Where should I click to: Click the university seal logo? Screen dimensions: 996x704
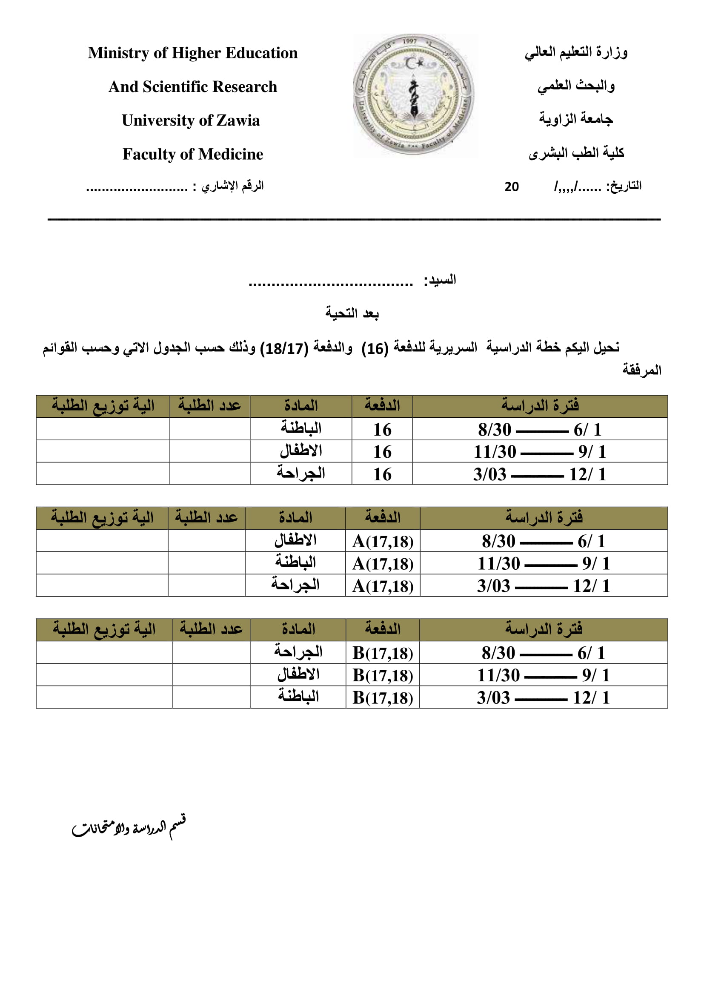(x=414, y=95)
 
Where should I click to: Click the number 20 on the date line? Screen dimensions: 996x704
(x=512, y=187)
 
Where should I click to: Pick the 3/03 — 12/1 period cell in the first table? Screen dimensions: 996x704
(x=540, y=474)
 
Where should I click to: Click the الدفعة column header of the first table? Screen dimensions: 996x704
(x=382, y=406)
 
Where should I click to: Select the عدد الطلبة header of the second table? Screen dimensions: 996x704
(x=206, y=517)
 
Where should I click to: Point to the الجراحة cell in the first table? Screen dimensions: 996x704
(x=301, y=474)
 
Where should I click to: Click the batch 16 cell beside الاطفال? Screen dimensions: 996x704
(x=382, y=451)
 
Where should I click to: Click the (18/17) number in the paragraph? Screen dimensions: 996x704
(x=284, y=348)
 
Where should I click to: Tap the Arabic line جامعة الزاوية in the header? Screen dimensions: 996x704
(x=576, y=119)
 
